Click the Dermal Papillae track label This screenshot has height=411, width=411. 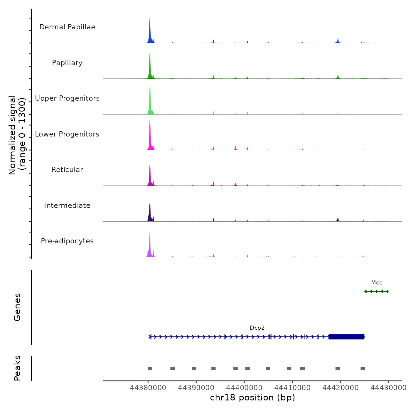[67, 27]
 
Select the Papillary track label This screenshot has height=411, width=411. [67, 63]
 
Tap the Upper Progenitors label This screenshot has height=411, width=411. [67, 98]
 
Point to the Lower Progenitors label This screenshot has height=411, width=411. [67, 134]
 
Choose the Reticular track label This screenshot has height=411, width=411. [67, 170]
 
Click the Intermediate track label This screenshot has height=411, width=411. [67, 206]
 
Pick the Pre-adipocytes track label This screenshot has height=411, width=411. [67, 241]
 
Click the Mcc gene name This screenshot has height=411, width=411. [377, 283]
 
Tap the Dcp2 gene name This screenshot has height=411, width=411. [257, 328]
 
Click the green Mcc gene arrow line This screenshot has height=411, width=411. [376, 292]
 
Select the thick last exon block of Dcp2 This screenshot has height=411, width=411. [346, 337]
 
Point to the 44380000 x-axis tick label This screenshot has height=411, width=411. [148, 388]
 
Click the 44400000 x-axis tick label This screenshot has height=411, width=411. [244, 388]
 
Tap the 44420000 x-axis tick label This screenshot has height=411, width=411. [341, 388]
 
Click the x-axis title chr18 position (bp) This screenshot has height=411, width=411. [252, 398]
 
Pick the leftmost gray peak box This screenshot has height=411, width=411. [150, 368]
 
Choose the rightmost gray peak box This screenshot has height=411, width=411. [363, 368]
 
